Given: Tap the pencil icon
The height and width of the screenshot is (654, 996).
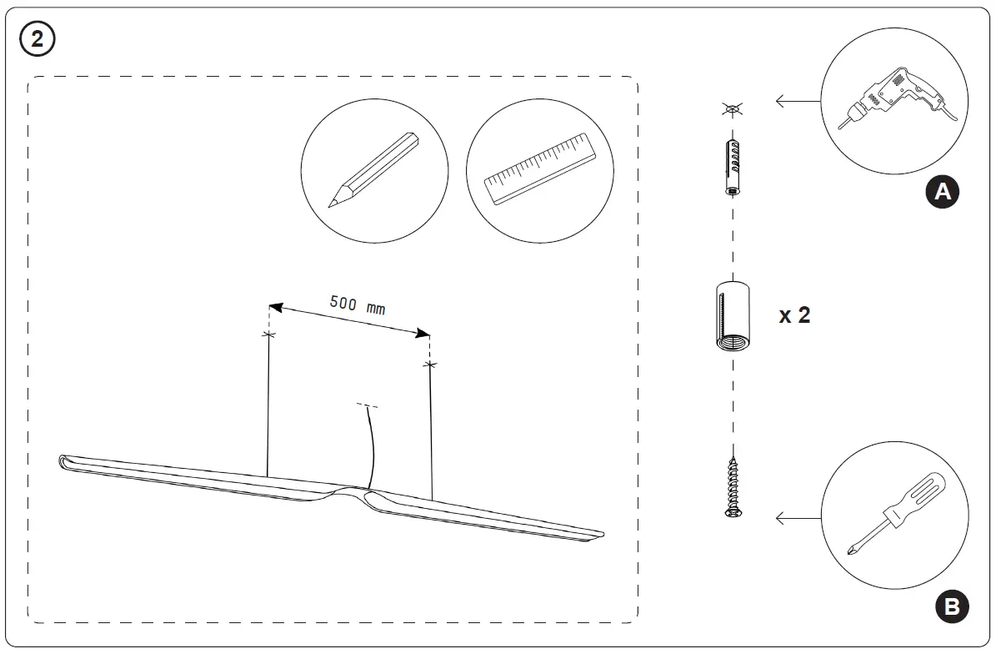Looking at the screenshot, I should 373,170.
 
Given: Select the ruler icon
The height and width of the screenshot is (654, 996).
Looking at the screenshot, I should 540,169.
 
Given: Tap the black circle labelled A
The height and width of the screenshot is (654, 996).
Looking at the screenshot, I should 943,192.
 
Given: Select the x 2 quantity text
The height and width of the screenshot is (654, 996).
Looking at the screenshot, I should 793,315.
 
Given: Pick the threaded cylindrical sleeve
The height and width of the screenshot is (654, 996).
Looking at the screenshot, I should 732,319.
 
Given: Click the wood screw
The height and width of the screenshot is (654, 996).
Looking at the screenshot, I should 733,487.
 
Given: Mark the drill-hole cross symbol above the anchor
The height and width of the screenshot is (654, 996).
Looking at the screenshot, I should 732,108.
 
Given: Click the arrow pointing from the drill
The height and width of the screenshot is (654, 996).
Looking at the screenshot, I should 798,102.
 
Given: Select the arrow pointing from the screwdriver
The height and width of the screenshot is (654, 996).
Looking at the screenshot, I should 798,519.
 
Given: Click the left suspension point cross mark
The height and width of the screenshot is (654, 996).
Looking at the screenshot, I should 268,335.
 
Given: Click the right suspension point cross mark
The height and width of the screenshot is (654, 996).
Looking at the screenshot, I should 429,365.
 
